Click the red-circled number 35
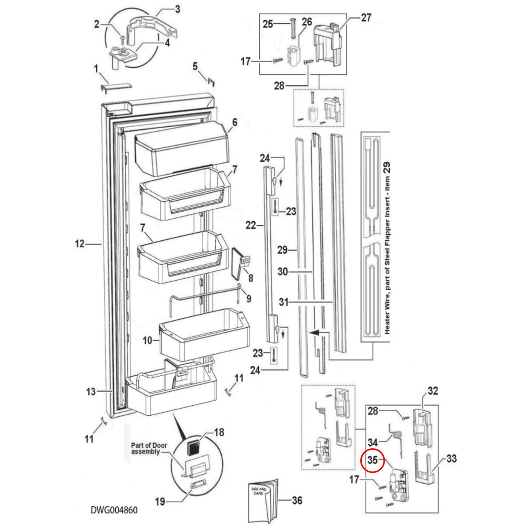click(373, 461)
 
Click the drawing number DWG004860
click(114, 510)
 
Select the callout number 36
click(297, 500)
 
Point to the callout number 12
click(79, 243)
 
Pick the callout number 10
click(147, 340)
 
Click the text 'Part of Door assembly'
click(149, 449)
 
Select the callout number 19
click(160, 501)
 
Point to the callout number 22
click(251, 225)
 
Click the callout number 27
click(366, 18)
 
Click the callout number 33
click(451, 459)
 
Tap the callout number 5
click(195, 66)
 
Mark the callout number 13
click(91, 391)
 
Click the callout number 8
click(250, 278)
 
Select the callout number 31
click(284, 302)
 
